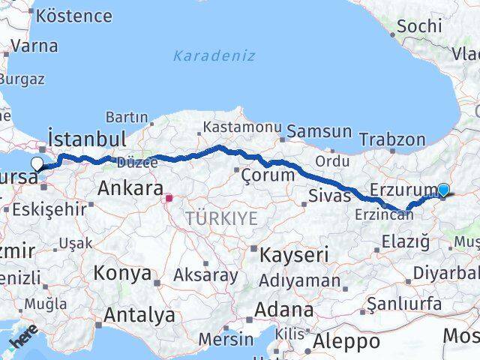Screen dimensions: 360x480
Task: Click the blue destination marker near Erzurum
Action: pos(443,190)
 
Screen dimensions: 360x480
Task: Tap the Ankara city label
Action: pos(130,188)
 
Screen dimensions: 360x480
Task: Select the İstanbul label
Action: pos(86,139)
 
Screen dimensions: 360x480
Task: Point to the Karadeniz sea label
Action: pos(214,56)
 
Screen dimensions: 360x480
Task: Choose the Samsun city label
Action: pos(319,132)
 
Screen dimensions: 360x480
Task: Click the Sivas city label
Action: pos(329,196)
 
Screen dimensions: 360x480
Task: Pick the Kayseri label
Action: pos(294,256)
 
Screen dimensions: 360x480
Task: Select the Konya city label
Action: pos(122,274)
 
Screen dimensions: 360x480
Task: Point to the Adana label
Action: pos(283,310)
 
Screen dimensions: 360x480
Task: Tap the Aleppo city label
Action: pos(346,343)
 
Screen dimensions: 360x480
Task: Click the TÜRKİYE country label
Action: pos(221,219)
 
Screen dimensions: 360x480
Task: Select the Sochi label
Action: pos(418,26)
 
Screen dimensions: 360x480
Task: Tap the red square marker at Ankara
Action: pos(169,199)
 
